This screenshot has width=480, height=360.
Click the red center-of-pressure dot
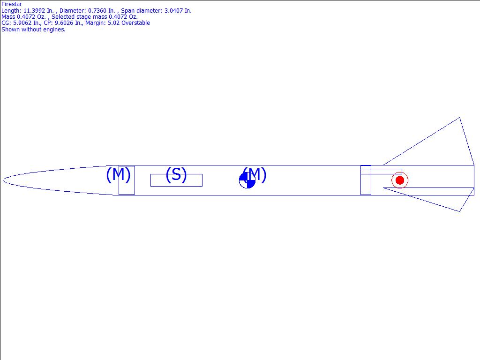[x=400, y=180]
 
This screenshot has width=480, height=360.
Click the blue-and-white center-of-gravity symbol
[x=247, y=180]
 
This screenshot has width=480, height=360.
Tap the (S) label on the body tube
[x=176, y=175]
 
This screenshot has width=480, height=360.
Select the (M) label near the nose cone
[x=119, y=174]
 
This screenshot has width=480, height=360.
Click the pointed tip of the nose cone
[x=4, y=180]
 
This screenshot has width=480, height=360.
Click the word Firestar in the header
[x=12, y=4]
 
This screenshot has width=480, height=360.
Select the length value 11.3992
[x=34, y=11]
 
